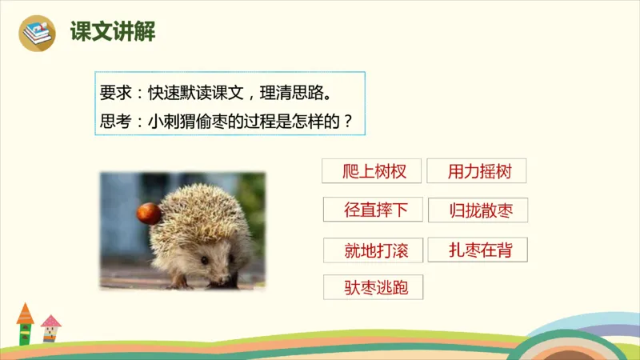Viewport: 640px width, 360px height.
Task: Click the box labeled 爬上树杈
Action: click(x=370, y=171)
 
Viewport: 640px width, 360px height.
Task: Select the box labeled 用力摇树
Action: click(x=477, y=171)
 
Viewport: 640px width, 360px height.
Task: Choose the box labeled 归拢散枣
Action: click(x=477, y=210)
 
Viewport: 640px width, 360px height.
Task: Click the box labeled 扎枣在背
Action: click(x=477, y=250)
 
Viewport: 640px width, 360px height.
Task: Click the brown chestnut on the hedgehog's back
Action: click(x=148, y=213)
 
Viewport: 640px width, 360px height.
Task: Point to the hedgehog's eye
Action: click(x=205, y=260)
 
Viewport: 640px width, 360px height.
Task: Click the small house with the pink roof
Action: click(x=50, y=328)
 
